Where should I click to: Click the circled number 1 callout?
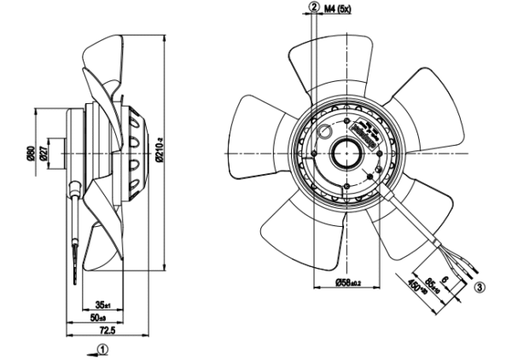pyautogui.click(x=102, y=349)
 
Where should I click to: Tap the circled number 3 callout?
pyautogui.click(x=480, y=287)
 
